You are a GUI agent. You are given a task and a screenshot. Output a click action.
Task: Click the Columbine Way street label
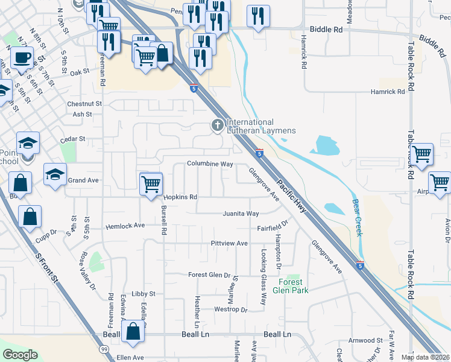[209, 164]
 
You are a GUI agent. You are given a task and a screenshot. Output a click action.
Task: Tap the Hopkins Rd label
[180, 197]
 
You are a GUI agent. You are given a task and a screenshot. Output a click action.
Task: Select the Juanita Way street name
[241, 214]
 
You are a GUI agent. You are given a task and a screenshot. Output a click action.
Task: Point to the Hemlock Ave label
[125, 226]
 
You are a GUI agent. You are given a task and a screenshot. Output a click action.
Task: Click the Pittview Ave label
[229, 243]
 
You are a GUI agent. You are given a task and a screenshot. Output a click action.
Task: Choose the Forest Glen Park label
[293, 286]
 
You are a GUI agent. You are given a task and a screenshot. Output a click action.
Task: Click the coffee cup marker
[22, 59]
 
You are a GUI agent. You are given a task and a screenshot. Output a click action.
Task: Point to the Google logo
[20, 355]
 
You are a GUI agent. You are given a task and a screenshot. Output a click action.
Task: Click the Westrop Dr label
[231, 310]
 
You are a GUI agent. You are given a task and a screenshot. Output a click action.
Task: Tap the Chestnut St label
[85, 104]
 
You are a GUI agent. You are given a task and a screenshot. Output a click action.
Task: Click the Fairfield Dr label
[274, 229]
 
